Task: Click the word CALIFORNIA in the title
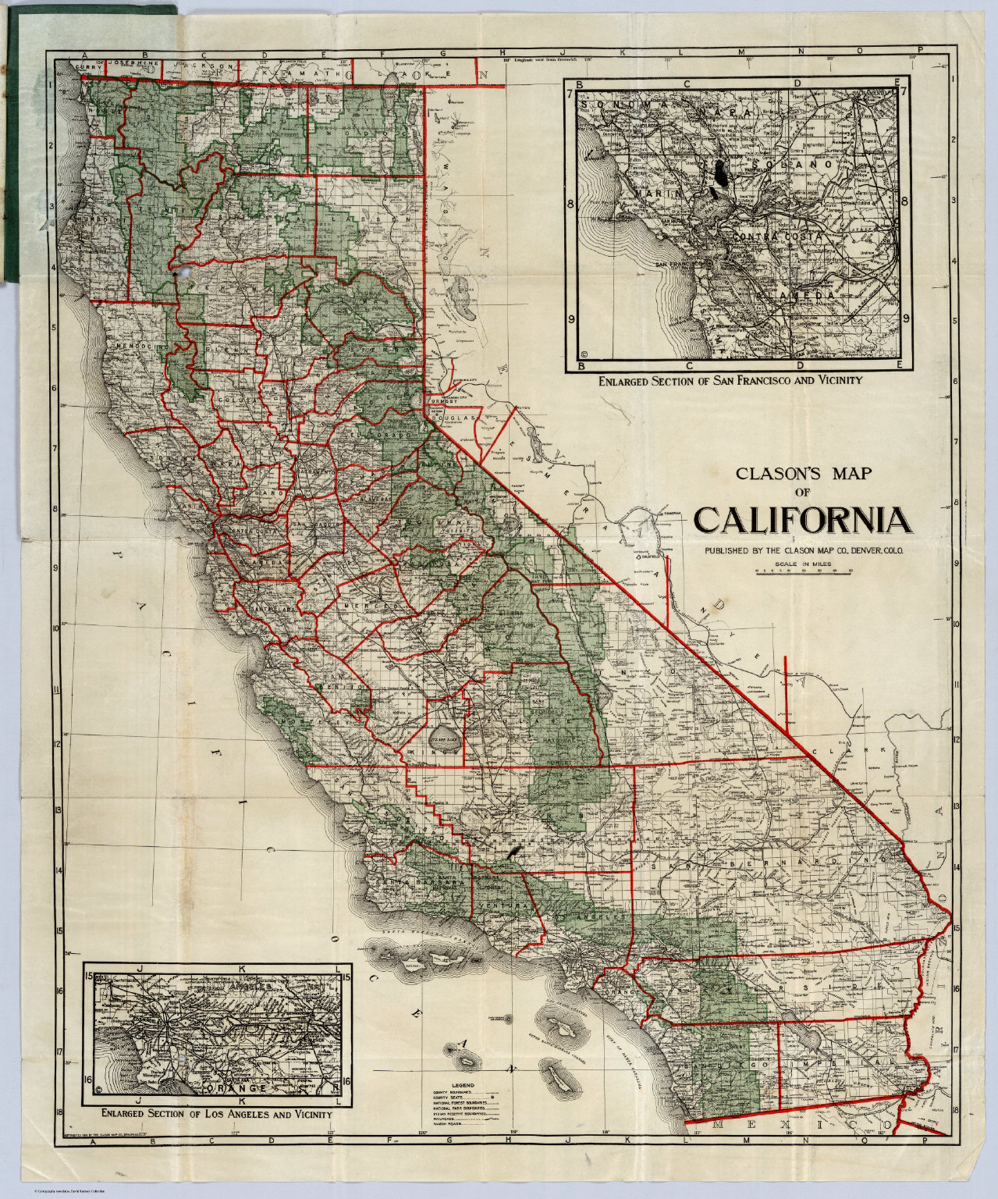point(801,519)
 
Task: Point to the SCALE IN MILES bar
point(801,571)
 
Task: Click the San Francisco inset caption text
point(730,381)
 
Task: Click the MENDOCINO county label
point(143,344)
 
